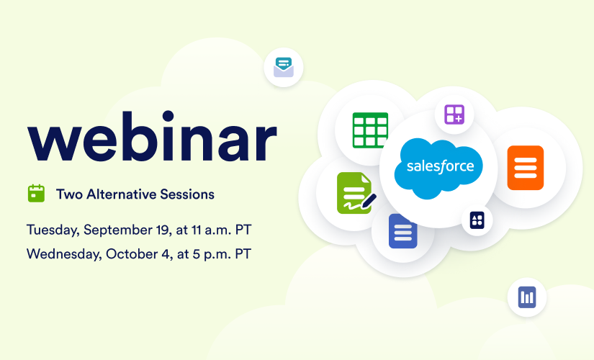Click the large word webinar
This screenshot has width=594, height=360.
click(153, 137)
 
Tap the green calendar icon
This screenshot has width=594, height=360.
click(37, 193)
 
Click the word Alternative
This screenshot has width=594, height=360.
click(121, 194)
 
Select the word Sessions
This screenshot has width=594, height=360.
click(187, 194)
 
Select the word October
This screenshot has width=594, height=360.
click(133, 254)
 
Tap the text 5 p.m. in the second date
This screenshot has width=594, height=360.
click(211, 254)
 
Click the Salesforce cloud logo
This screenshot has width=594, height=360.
click(438, 168)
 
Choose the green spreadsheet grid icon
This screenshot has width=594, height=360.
click(370, 130)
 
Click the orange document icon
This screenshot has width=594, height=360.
click(526, 168)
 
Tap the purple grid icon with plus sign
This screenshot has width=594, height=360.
click(454, 114)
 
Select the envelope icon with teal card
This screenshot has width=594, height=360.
click(284, 67)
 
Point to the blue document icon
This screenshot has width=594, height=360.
click(403, 231)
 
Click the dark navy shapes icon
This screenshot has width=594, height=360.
click(477, 220)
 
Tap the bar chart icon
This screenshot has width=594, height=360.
click(527, 297)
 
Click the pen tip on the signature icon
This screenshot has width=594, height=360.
click(364, 207)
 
